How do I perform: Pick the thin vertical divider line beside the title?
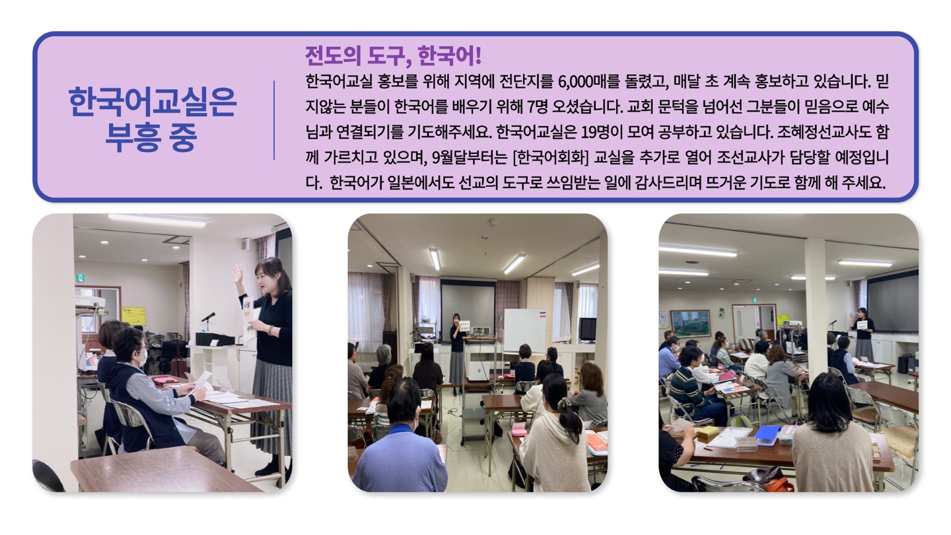pos(274,120)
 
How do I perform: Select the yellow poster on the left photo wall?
pos(133,315)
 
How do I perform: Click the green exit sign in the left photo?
pos(79,277)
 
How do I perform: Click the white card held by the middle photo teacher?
pos(465,326)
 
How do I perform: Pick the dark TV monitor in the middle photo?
pos(587,329)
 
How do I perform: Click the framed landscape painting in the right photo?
pos(690,323)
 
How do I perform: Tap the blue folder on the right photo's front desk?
pos(767,433)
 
